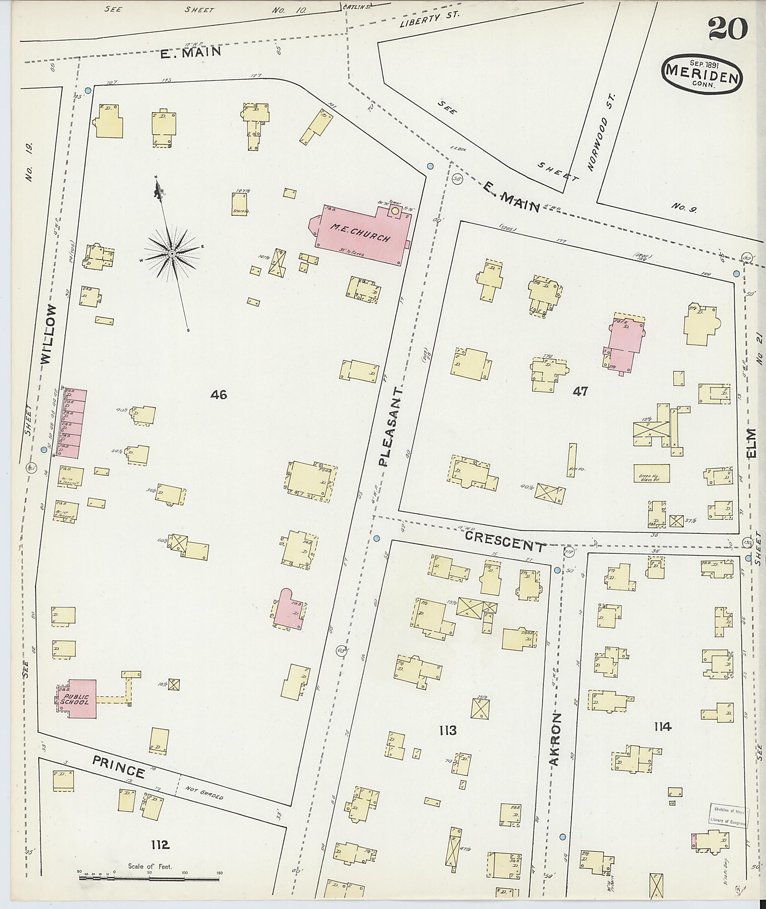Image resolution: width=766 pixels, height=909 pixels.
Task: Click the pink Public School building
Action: [x=76, y=699]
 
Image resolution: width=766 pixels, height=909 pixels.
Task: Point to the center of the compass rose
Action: [x=172, y=253]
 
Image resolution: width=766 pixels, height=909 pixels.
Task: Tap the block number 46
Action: [x=218, y=394]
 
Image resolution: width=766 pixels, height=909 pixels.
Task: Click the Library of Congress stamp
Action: [x=729, y=815]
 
